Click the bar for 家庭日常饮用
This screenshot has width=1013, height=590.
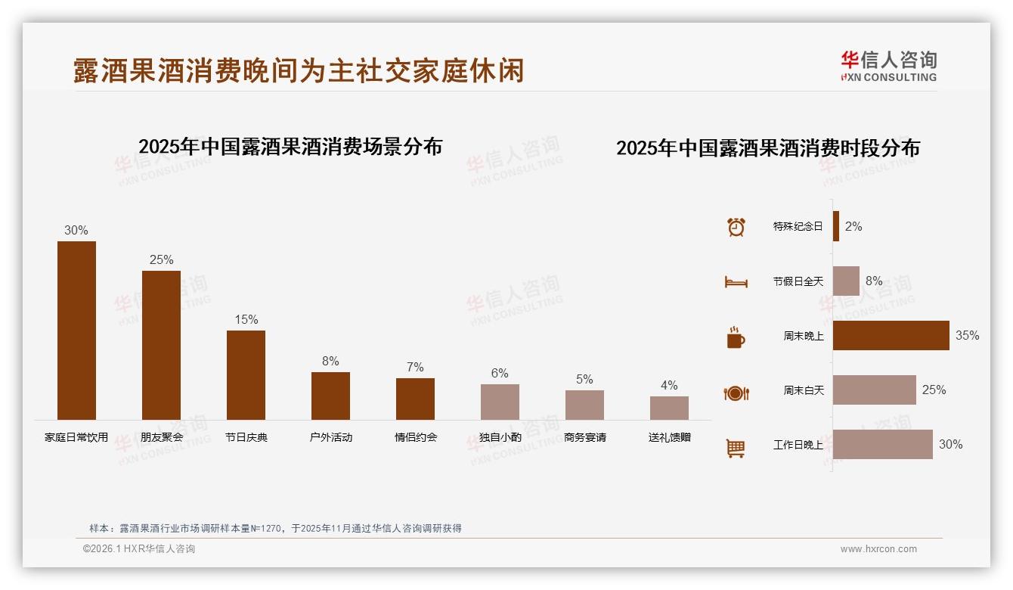point(76,331)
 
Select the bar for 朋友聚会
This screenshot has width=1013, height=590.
point(161,345)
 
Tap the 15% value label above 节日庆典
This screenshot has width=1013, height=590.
point(246,319)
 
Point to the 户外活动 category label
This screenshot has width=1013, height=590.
point(330,437)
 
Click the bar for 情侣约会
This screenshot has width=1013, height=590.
point(415,399)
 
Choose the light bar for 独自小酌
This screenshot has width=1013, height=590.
point(500,402)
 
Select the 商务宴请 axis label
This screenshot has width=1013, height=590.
point(584,437)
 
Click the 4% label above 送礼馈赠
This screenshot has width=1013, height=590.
point(669,385)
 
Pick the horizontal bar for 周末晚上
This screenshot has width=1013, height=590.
point(891,335)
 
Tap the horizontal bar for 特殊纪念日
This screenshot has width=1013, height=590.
point(836,226)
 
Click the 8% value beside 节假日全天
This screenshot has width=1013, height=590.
point(874,281)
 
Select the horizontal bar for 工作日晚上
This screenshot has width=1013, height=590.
point(882,444)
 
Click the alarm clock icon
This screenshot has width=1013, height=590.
point(736,227)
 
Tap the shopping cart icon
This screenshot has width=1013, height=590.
point(736,448)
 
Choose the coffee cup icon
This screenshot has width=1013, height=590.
point(736,337)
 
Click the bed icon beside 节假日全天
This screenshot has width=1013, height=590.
point(736,282)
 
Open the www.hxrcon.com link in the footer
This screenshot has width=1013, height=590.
point(878,549)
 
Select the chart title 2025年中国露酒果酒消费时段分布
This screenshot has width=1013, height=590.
point(767,148)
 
